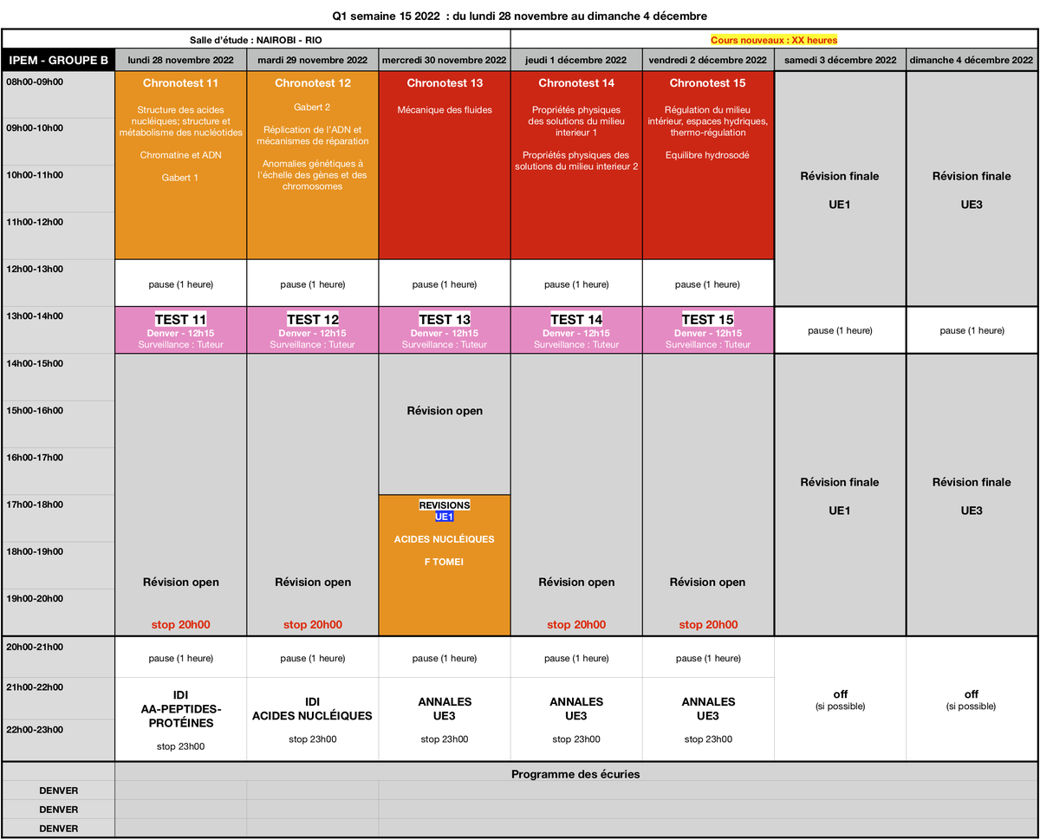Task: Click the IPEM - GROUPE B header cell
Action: (58, 60)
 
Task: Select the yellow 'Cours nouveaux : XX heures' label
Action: (773, 40)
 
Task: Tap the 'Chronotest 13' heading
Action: (445, 83)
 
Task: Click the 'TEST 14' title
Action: (576, 319)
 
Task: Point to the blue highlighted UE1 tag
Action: (445, 517)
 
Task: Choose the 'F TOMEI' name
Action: (444, 562)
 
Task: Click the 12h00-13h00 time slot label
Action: (35, 269)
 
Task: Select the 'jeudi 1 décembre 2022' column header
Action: (575, 60)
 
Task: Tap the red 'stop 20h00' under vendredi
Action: (708, 624)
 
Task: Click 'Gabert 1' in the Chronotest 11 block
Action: (179, 178)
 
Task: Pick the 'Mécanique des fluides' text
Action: (445, 110)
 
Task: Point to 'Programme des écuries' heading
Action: (575, 774)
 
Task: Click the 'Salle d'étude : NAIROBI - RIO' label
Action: (256, 40)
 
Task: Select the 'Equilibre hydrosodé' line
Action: (707, 155)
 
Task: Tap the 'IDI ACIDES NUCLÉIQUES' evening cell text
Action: (312, 708)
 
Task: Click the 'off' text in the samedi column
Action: (841, 694)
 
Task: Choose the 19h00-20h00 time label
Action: (35, 599)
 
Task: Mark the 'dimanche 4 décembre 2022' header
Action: (972, 60)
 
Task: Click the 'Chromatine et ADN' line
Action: (180, 155)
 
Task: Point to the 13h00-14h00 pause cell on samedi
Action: (840, 330)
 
